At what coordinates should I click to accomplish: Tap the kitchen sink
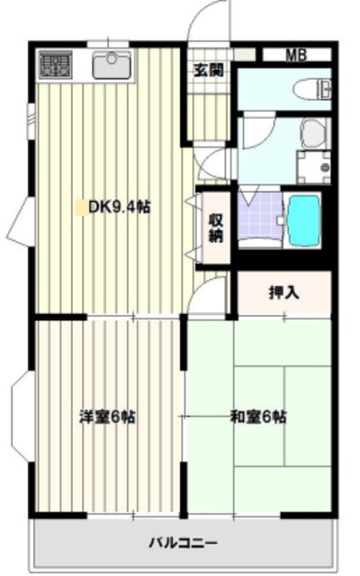(112, 65)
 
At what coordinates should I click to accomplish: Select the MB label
(296, 54)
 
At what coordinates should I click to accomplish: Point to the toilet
(315, 89)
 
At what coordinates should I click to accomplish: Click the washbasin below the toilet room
(313, 133)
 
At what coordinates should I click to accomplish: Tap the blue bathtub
(303, 220)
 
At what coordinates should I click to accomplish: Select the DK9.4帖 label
(119, 207)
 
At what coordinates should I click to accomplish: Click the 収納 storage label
(216, 229)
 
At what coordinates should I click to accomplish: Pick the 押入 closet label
(283, 292)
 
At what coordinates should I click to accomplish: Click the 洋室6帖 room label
(107, 417)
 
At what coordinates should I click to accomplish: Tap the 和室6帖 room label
(258, 417)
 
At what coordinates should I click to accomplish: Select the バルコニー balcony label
(184, 543)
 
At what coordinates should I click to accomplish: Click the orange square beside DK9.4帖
(81, 207)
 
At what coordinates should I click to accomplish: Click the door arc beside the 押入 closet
(215, 295)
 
